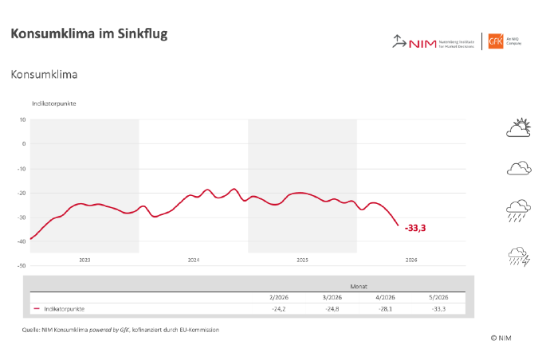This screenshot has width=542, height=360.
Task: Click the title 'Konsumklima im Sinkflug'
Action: (x=88, y=33)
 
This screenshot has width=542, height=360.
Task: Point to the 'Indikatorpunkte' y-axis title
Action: (x=54, y=104)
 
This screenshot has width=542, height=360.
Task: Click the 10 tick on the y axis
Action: (x=23, y=119)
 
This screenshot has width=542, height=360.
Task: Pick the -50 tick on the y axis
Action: (x=22, y=265)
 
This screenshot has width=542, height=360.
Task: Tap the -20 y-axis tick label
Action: (x=22, y=193)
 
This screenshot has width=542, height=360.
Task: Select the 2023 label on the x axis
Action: (x=84, y=260)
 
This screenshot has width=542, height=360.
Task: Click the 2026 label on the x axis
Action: (x=411, y=260)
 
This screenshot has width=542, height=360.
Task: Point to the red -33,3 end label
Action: (x=415, y=228)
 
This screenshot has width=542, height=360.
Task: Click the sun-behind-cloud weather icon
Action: (x=518, y=128)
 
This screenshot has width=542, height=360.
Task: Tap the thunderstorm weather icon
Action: (x=519, y=256)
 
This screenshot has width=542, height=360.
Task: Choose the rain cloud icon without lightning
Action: (x=519, y=211)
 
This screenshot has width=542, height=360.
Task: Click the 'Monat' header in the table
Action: (x=359, y=284)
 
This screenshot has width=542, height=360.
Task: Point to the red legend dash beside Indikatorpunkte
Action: (x=37, y=308)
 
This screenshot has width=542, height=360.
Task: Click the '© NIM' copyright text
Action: (x=501, y=338)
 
